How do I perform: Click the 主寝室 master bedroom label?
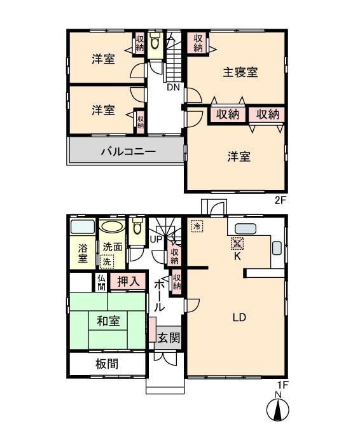click(240, 72)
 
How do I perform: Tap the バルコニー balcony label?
click(128, 151)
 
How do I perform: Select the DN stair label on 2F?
click(174, 87)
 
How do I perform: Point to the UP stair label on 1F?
click(156, 239)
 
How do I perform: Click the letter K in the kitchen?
click(237, 256)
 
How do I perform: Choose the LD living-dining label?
click(239, 317)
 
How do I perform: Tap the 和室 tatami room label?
click(108, 321)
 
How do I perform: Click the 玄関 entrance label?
click(169, 338)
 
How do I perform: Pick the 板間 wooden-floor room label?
click(107, 364)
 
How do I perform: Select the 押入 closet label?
click(128, 282)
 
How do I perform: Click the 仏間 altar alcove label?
click(101, 282)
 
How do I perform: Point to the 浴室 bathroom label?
click(83, 253)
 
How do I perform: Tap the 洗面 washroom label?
click(113, 247)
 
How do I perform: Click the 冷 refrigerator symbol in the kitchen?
click(197, 226)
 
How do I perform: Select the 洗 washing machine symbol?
click(107, 262)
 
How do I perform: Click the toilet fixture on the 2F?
click(155, 42)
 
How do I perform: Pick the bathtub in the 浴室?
click(83, 227)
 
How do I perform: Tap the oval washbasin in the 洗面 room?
click(112, 227)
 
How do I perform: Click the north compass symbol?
click(278, 409)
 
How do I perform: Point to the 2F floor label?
click(280, 200)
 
